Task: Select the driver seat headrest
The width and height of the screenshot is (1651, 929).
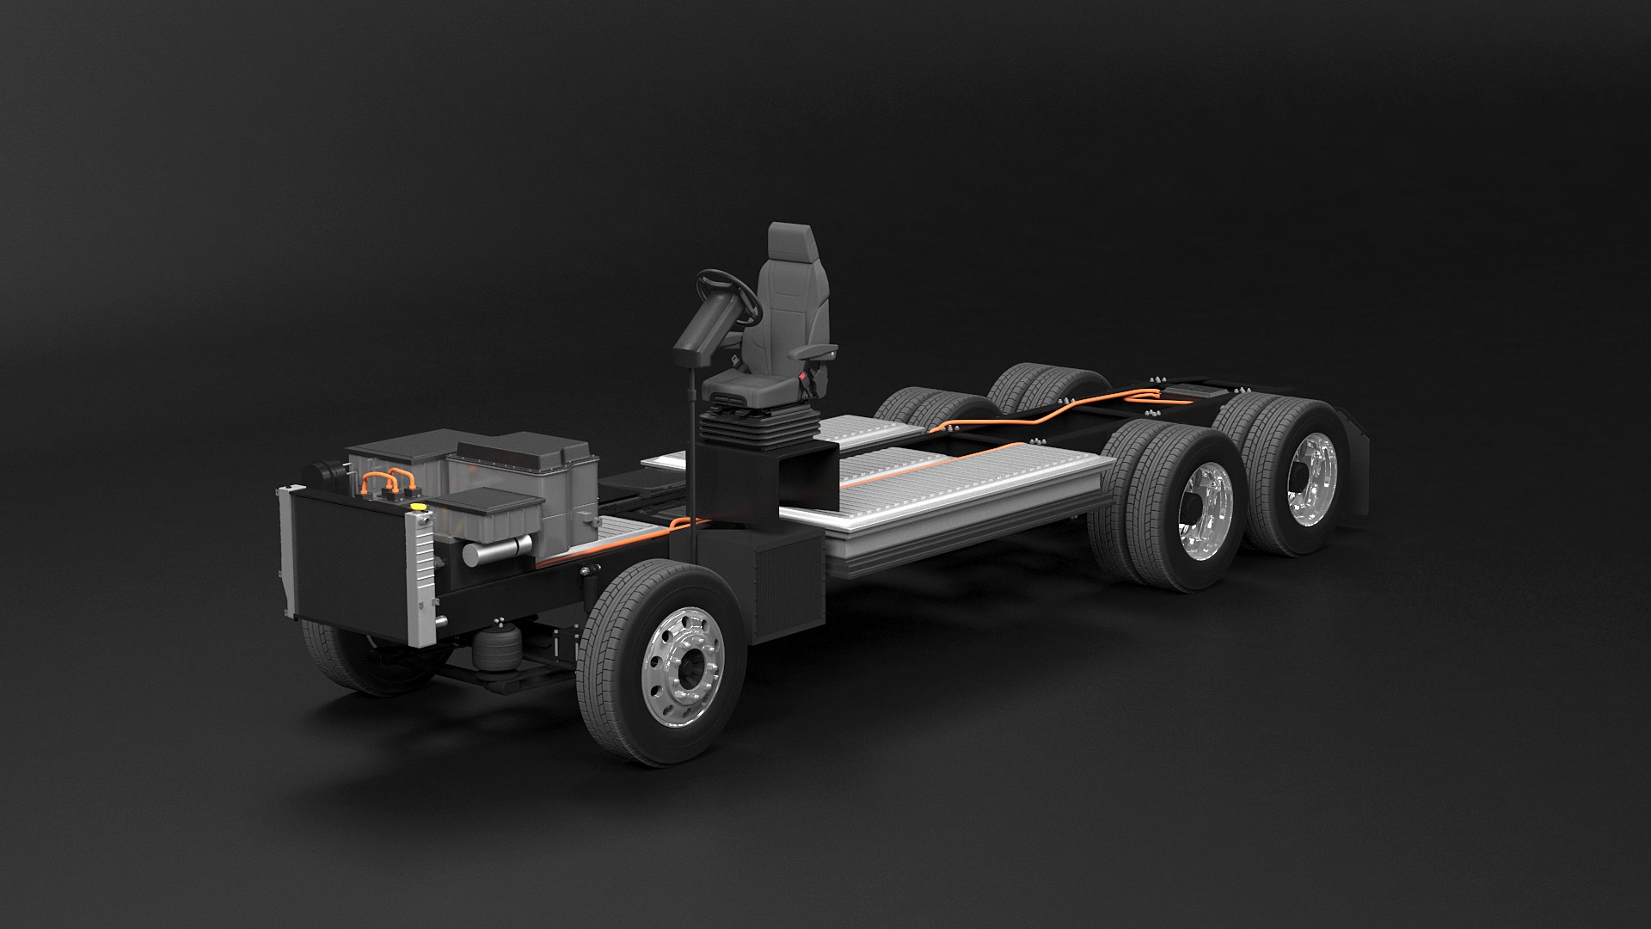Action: click(x=790, y=246)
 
